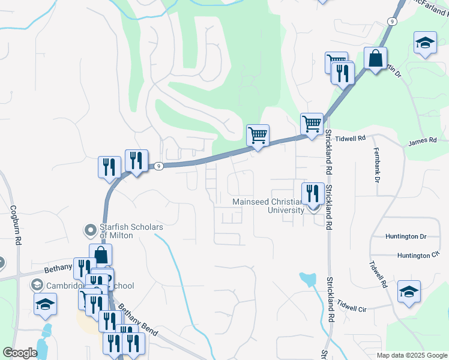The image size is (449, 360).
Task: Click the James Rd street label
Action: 420,142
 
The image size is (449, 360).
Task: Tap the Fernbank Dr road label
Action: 377,164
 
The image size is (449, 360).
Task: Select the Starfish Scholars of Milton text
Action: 127,231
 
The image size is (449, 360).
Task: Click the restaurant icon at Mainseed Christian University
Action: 312,193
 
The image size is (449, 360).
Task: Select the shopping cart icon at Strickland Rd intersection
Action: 312,124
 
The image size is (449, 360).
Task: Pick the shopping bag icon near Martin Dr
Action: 375,59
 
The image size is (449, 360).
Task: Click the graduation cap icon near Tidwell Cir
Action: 409,292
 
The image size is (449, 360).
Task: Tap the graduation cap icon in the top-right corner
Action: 425,43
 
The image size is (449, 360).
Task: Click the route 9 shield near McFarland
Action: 391,21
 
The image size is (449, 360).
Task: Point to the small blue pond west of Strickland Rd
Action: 307,279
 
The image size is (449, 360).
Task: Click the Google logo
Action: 20,353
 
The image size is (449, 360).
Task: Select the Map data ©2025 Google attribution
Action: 411,355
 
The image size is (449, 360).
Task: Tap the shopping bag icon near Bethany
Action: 101,255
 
